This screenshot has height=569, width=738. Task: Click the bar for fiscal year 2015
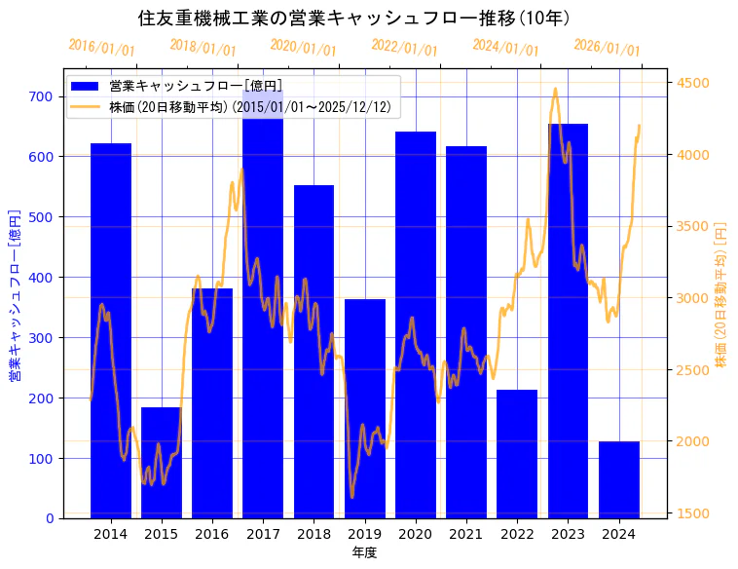coord(161,463)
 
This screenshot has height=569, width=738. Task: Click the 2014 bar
coord(110,331)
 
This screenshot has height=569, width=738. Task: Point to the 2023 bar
coord(568,322)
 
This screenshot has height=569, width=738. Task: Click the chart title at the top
coord(354,19)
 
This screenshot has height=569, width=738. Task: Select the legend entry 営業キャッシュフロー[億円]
coord(196,87)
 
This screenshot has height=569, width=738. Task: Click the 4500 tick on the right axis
coord(692,84)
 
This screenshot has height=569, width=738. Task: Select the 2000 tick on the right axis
coord(692,441)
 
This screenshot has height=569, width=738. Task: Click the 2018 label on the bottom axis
coord(314,534)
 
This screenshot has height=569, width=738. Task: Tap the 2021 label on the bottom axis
coord(466,534)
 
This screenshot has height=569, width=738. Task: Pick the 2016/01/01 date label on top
coord(101,48)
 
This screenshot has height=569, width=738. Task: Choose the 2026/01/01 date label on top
coord(607,48)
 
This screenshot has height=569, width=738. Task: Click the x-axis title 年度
coord(364,552)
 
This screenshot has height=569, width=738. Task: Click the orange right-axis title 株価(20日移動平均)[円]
coord(720,292)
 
